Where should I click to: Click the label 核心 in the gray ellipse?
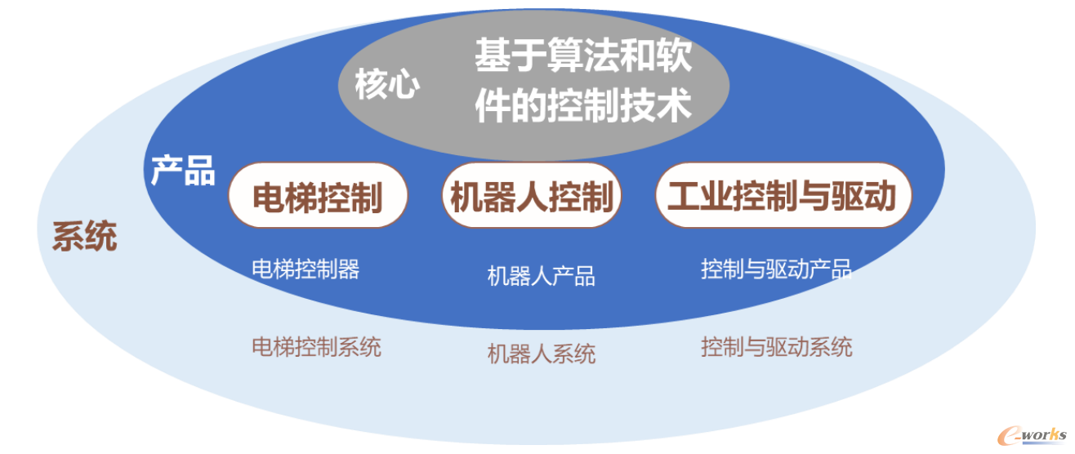tap(387, 84)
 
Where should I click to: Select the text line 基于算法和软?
tap(583, 56)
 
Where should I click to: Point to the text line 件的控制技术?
tap(583, 105)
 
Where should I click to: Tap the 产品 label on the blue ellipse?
tap(183, 171)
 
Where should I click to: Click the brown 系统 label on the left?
tap(85, 236)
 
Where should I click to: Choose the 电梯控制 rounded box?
tap(318, 195)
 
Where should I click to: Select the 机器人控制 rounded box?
tap(532, 195)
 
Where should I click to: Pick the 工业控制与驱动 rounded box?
tap(783, 195)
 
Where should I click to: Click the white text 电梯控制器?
tap(306, 269)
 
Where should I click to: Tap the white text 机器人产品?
tap(542, 277)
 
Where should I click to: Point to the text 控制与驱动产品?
tap(777, 269)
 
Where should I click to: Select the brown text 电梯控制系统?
tap(317, 347)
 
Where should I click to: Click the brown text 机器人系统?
tap(542, 354)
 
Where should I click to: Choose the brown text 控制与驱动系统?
tap(777, 347)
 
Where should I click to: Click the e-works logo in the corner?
tap(1032, 436)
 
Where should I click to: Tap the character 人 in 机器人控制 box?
tap(533, 197)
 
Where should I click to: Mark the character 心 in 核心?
tap(404, 84)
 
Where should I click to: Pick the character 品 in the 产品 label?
tap(200, 171)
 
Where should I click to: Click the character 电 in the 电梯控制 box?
tap(269, 197)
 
